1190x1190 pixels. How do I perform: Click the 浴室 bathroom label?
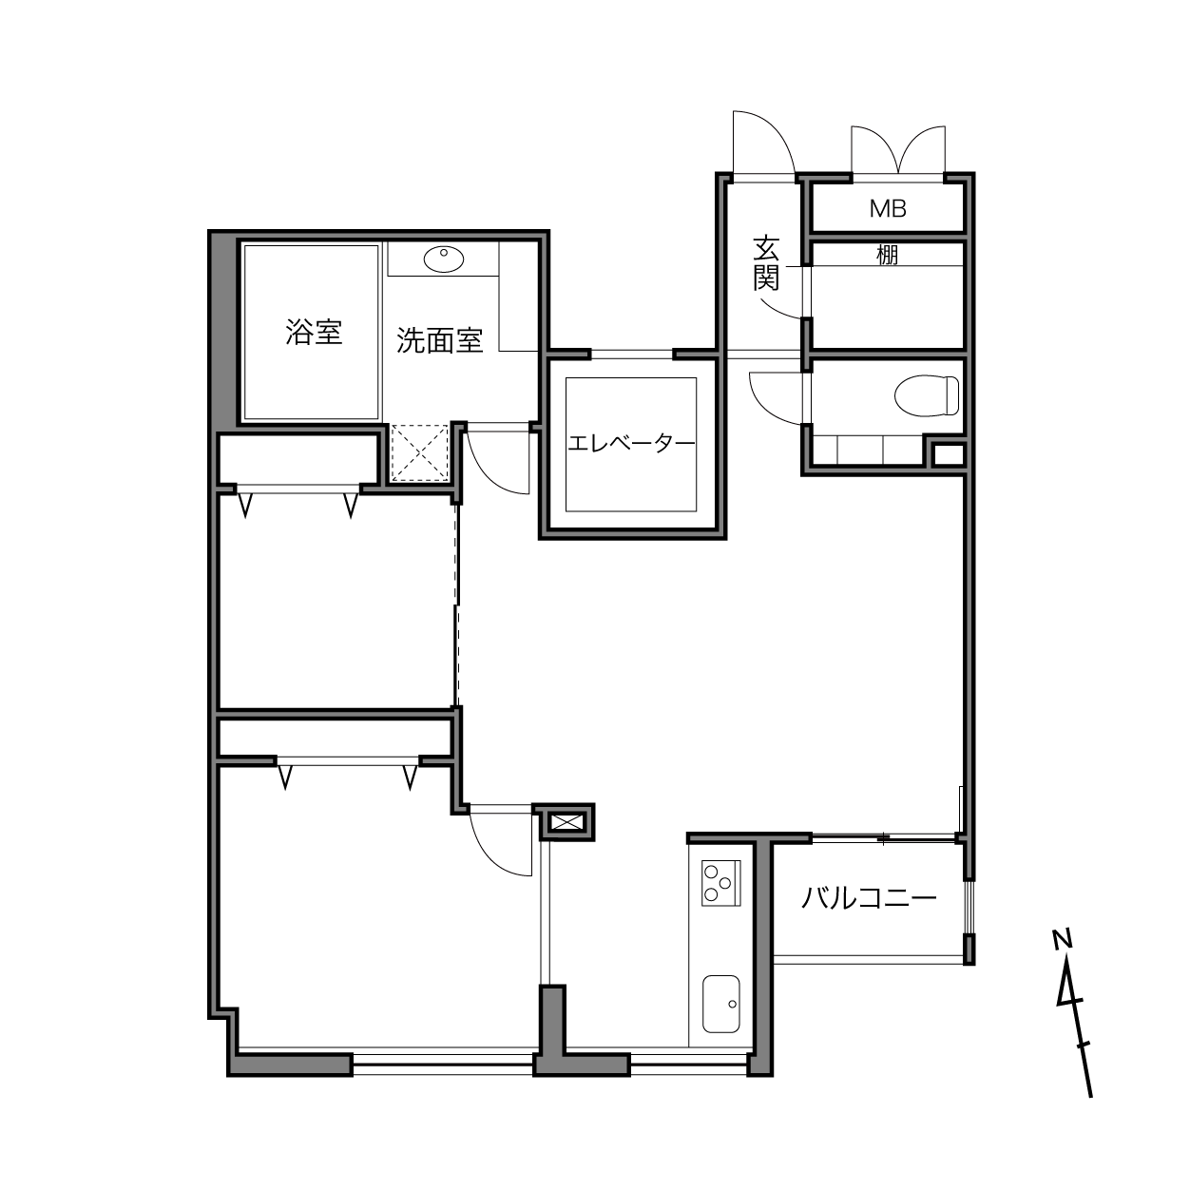tap(314, 333)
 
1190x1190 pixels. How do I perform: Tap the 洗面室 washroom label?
tap(439, 340)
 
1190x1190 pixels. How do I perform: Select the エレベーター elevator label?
tap(631, 443)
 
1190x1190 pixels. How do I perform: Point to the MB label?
tap(888, 209)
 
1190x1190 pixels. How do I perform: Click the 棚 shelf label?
tap(888, 255)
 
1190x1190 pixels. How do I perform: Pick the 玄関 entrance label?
tap(766, 263)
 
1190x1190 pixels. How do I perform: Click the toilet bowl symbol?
tap(927, 395)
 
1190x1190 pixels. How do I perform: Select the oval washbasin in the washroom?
tap(443, 259)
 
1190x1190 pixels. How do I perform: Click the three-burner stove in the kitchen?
tap(720, 883)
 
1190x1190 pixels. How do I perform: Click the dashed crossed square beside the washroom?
tap(420, 452)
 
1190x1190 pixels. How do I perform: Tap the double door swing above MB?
tap(898, 142)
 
